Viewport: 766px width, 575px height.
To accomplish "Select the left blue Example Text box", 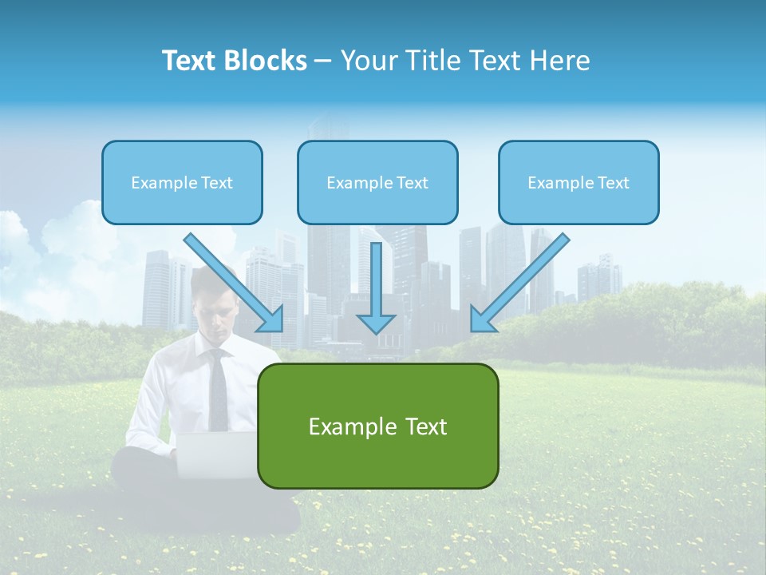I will [182, 183].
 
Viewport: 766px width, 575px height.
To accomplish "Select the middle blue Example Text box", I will [377, 183].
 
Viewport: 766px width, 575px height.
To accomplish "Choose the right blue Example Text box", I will [578, 183].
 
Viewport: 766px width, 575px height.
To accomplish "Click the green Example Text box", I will [377, 426].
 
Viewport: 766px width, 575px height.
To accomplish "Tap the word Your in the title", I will [369, 61].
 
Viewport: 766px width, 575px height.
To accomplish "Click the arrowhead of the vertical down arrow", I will [376, 323].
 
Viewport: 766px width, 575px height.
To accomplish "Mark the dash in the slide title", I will [323, 61].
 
